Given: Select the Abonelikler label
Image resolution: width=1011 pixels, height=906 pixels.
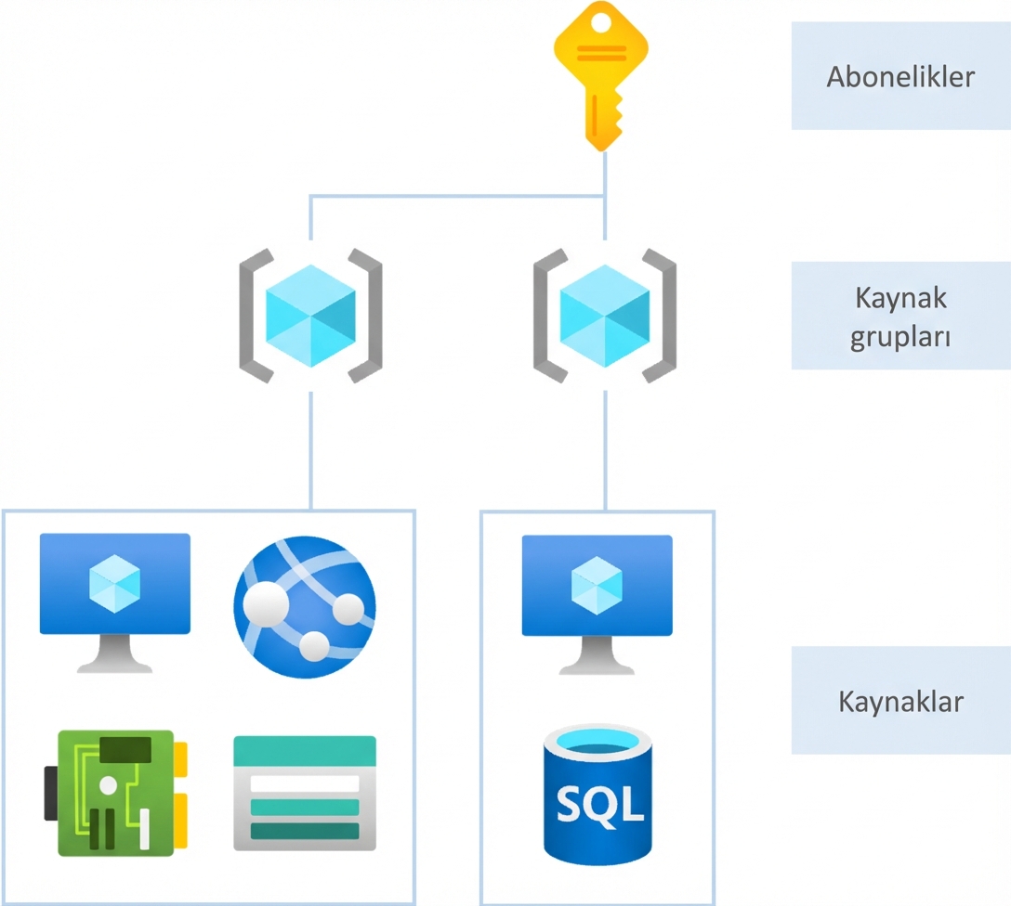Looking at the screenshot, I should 900,76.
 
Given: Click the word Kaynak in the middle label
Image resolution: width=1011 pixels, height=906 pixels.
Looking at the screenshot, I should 900,299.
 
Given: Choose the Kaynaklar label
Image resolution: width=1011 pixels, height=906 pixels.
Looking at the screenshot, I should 900,701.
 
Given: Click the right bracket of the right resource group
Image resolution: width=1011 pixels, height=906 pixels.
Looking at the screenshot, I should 661,316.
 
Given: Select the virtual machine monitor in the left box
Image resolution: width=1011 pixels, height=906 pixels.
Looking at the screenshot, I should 115,585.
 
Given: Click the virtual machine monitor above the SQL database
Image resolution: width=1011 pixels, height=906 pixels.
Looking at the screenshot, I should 597,587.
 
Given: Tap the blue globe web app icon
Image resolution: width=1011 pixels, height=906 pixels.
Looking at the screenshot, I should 305,603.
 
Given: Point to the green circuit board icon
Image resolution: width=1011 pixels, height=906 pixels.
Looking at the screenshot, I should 115,792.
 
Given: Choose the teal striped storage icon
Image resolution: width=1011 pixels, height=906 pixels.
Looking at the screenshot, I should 305,794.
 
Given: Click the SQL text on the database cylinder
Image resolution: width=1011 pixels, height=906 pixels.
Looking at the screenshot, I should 599,804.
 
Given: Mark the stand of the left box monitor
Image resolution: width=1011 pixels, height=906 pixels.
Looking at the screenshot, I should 115,654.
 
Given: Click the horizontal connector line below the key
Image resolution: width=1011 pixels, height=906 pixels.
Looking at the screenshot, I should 455,196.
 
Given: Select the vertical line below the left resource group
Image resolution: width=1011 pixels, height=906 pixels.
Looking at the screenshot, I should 310,450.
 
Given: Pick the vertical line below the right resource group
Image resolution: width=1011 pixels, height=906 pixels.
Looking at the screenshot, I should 605,450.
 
